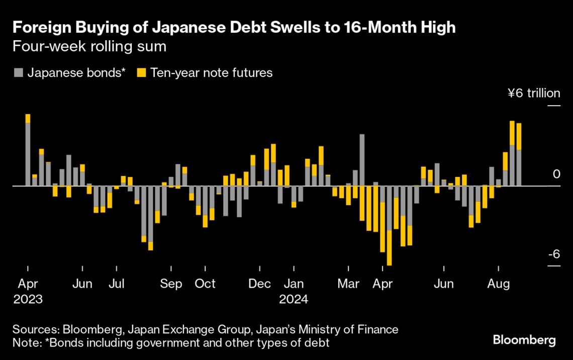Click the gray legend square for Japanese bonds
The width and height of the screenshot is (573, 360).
click(x=18, y=73)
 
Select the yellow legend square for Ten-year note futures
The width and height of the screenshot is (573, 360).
click(x=142, y=73)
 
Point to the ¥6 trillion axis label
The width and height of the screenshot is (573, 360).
click(x=533, y=93)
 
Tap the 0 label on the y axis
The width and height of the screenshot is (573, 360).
click(x=556, y=174)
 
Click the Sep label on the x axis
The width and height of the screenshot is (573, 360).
click(x=171, y=284)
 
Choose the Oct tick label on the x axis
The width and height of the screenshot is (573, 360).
click(x=205, y=284)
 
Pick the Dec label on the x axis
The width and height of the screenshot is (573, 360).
click(x=260, y=284)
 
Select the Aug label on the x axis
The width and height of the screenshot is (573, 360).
click(x=498, y=284)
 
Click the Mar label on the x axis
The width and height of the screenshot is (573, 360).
click(x=348, y=284)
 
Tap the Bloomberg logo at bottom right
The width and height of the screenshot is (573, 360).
click(x=524, y=340)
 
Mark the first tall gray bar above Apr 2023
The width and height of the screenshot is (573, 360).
click(x=28, y=154)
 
